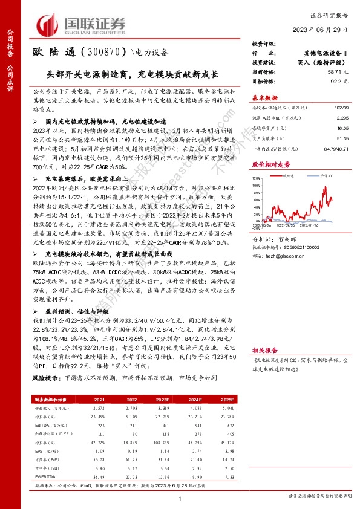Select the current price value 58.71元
coord(336,71)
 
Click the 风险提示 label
coord(46,377)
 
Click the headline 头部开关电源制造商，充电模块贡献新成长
coord(132,76)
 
